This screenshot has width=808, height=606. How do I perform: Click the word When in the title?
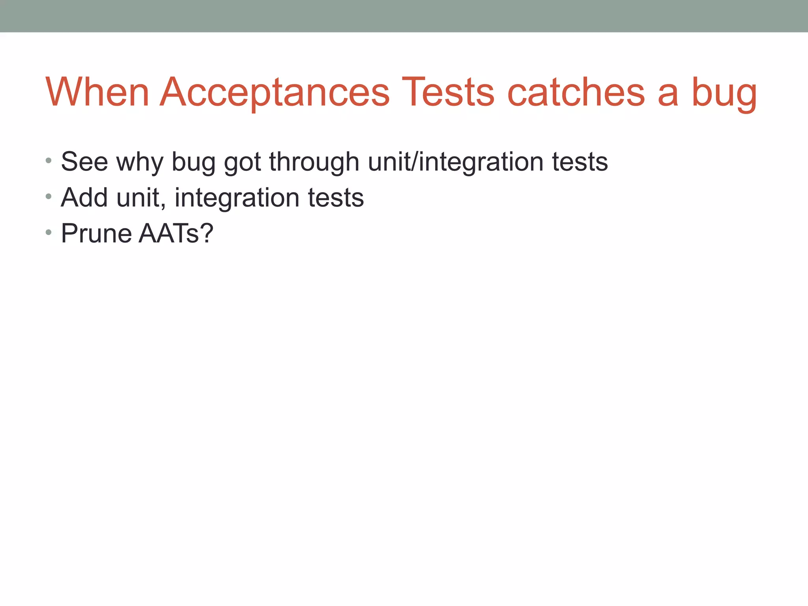pos(97,92)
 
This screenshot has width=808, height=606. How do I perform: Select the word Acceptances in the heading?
pos(275,93)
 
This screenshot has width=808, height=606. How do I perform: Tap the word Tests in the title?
pos(447,92)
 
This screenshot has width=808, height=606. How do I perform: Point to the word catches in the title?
pos(576,92)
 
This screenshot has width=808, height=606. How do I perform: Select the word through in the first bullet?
pos(314,163)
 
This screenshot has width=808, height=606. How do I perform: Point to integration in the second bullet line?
pos(237,198)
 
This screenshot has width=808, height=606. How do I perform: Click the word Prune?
pos(96,233)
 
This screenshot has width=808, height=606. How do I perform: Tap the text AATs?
pos(176,233)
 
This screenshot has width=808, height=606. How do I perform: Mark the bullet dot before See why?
pos(49,161)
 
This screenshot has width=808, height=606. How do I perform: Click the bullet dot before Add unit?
pos(49,196)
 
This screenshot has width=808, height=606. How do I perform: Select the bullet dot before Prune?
pos(49,232)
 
